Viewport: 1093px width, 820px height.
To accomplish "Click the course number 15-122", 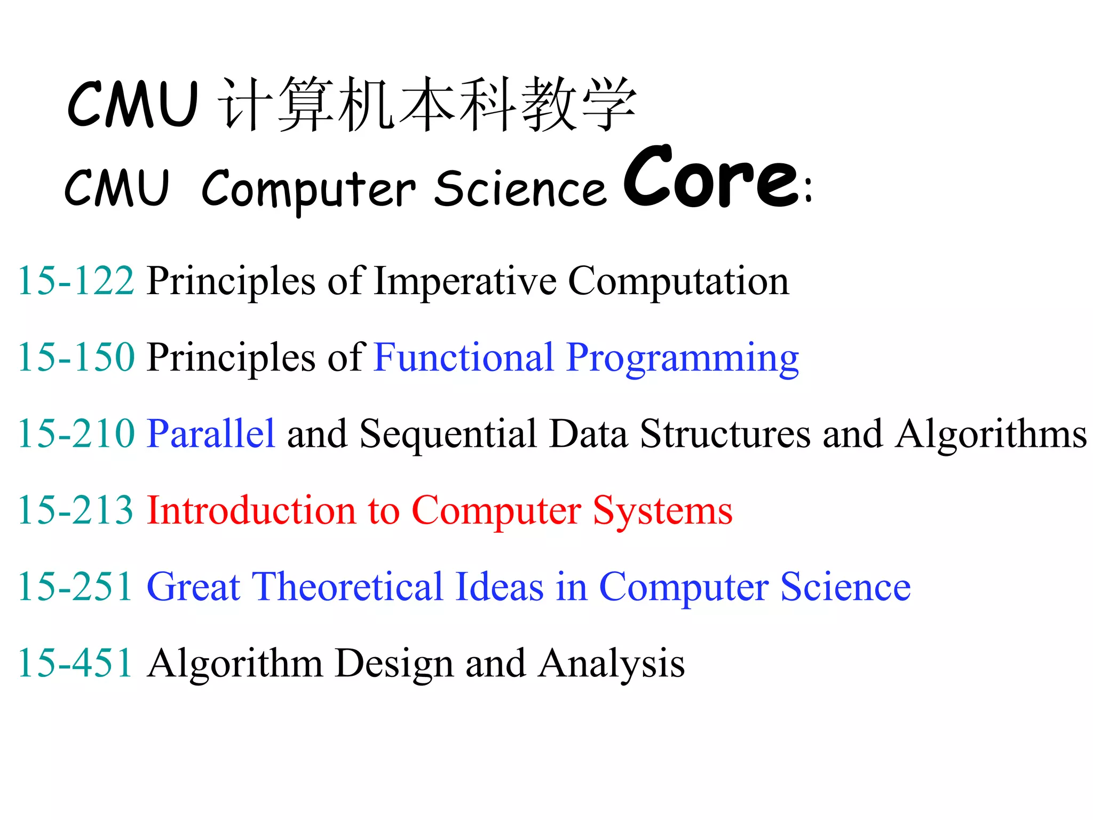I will click(76, 281).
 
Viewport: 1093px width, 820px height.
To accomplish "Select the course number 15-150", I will click(76, 357).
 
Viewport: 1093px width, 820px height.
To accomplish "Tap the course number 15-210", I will click(76, 433).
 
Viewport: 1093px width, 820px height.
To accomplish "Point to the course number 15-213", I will click(76, 510).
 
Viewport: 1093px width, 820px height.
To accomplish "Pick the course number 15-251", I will click(76, 586).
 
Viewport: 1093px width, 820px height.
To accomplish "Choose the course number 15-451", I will click(76, 663).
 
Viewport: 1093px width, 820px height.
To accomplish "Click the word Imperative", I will click(465, 281).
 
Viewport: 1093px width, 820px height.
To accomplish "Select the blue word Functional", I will click(464, 357).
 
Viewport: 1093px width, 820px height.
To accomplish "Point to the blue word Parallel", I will click(211, 433).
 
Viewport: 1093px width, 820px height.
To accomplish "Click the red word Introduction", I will click(251, 510).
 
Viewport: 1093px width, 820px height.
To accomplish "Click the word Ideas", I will click(500, 586).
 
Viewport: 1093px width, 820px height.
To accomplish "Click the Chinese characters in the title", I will click(427, 104).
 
